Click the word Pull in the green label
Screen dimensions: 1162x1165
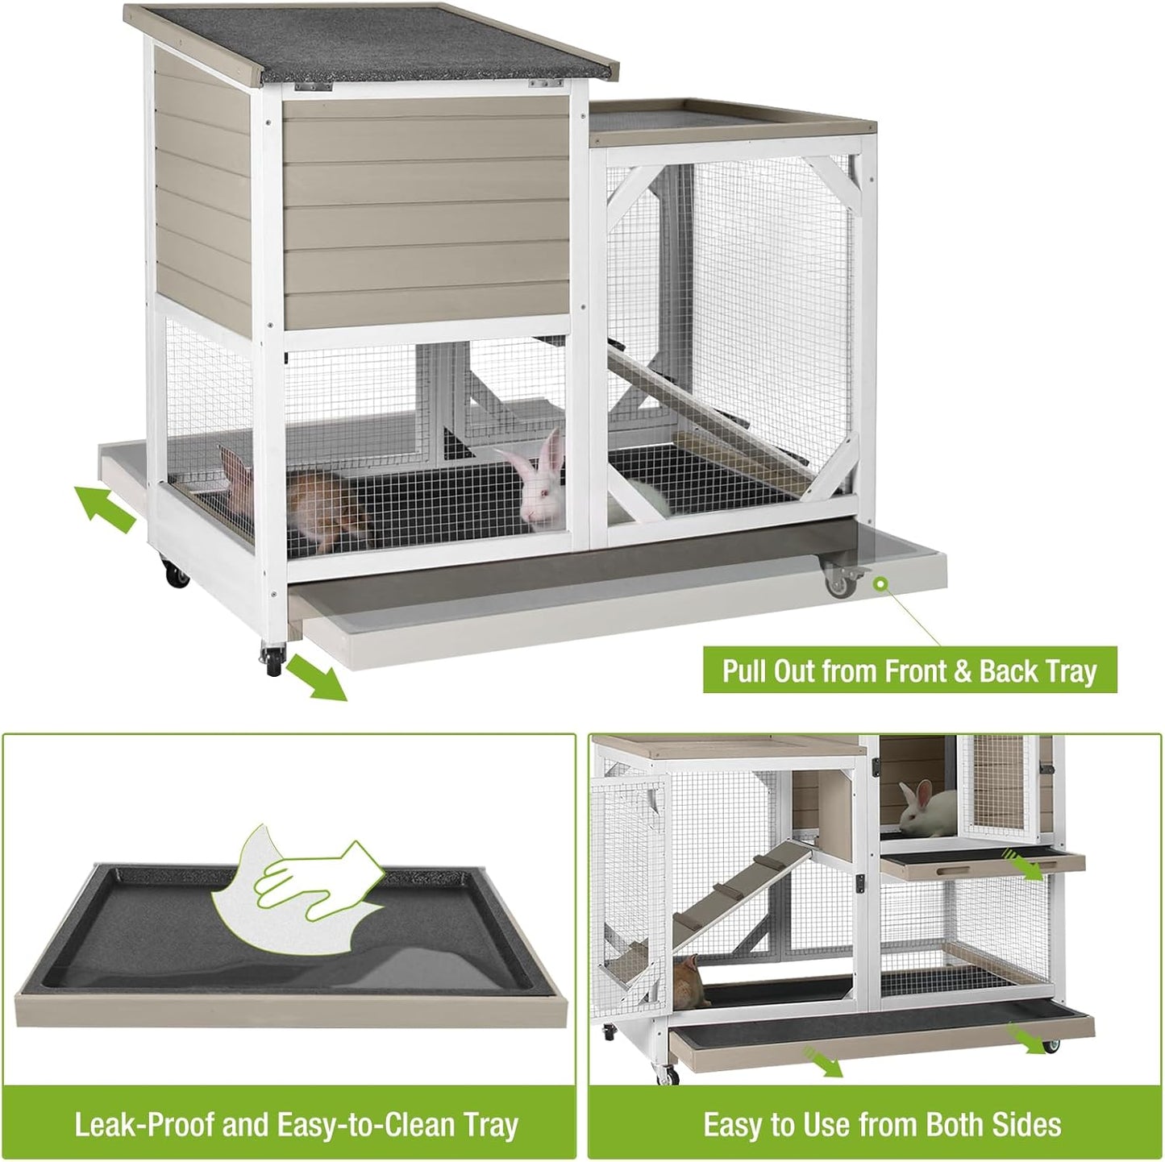745,671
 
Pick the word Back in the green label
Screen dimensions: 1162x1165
1012,671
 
